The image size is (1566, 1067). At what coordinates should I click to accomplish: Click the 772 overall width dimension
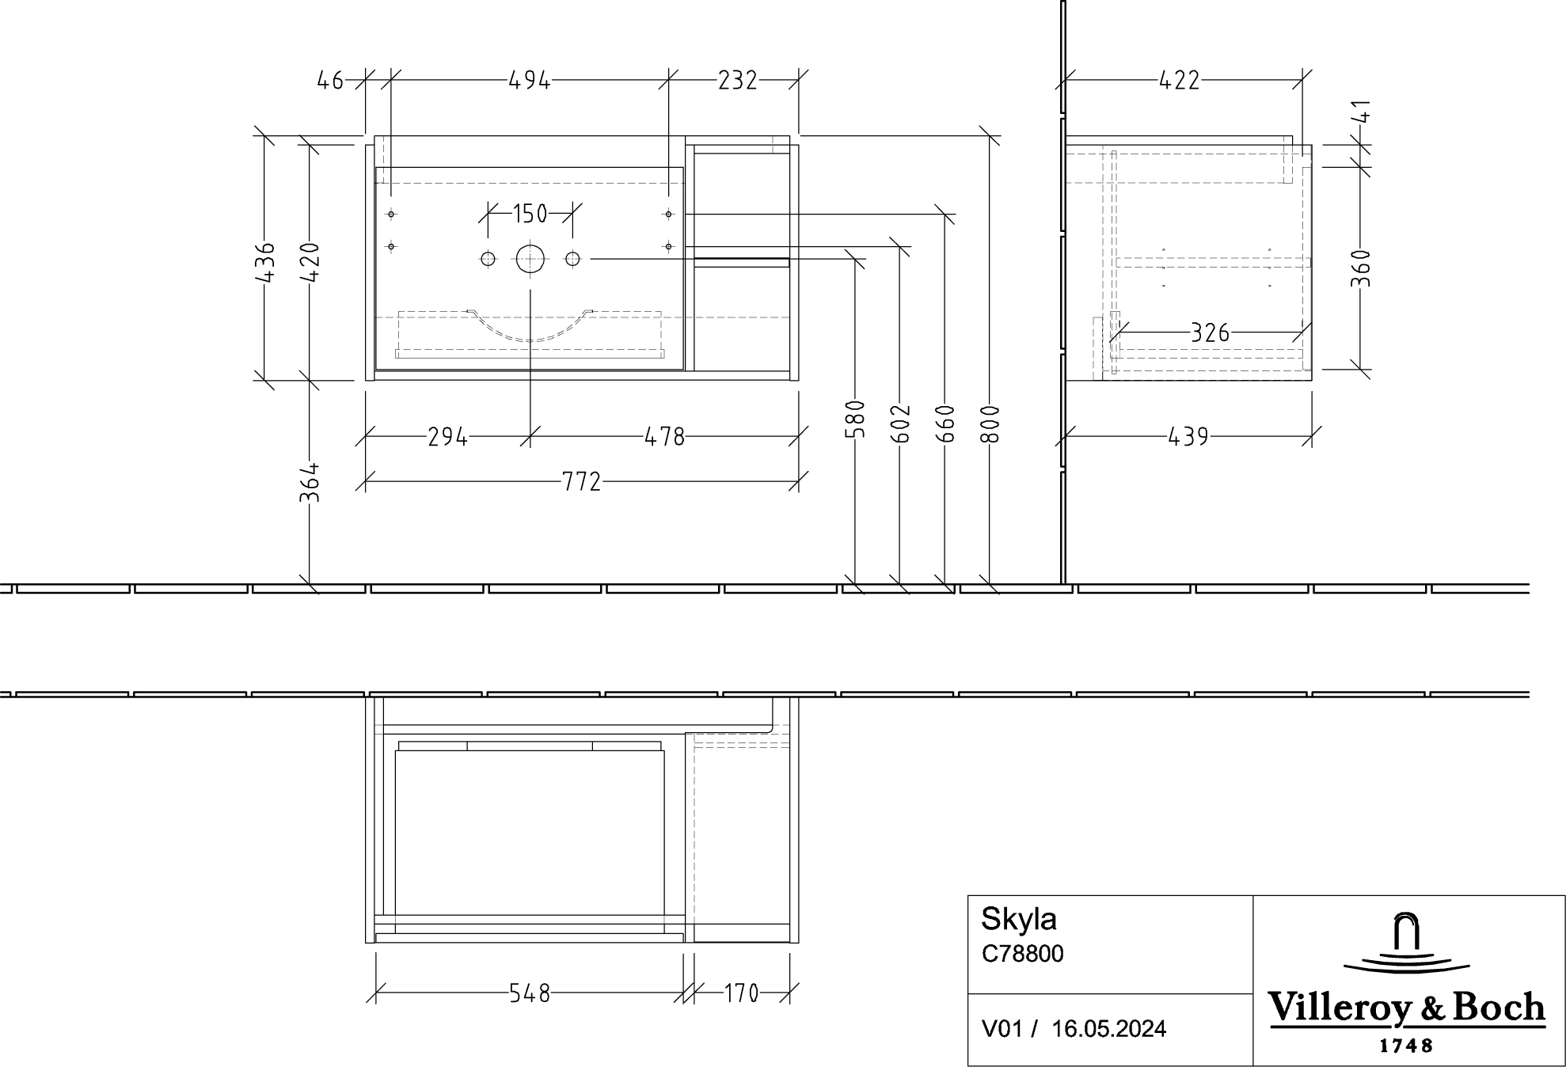click(582, 481)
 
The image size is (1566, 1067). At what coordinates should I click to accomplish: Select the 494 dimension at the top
click(529, 80)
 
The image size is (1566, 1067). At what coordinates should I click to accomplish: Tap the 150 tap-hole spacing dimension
click(530, 213)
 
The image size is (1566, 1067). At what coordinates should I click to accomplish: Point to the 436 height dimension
click(266, 262)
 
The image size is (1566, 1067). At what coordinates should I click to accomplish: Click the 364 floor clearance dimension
click(310, 482)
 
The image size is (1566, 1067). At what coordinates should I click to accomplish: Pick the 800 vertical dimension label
click(990, 424)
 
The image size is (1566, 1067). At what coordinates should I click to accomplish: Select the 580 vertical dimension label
click(856, 420)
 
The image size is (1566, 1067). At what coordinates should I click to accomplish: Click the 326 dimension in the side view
click(1210, 332)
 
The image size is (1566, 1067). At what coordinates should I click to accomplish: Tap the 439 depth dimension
click(1188, 436)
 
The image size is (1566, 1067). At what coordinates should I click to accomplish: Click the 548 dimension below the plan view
click(529, 993)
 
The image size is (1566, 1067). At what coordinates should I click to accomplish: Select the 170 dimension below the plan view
click(741, 993)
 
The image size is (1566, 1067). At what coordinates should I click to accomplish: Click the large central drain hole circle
click(530, 259)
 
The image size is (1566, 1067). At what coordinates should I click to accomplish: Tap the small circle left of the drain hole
click(488, 259)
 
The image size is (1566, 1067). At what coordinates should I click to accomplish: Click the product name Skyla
click(1018, 919)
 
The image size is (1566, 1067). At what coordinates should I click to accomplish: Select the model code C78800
click(1022, 954)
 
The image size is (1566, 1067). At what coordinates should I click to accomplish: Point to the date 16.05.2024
click(1108, 1028)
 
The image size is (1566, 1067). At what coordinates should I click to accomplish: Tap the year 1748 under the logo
click(1406, 1046)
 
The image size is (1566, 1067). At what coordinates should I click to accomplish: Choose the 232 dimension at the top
click(737, 80)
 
